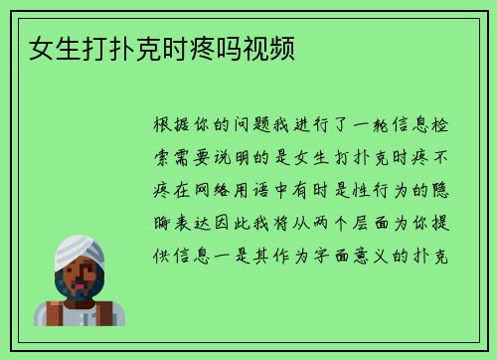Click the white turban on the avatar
pyautogui.click(x=79, y=249)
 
